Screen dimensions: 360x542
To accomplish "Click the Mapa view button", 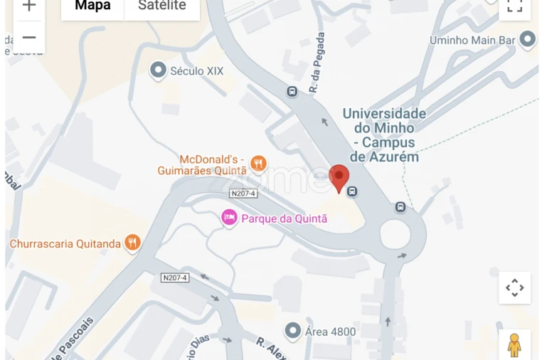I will (92, 6).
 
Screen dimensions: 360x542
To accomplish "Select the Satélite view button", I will (161, 6).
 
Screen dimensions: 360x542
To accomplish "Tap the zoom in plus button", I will (28, 6).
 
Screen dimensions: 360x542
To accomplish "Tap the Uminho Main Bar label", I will (472, 41).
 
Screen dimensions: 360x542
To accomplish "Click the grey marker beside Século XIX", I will (158, 70).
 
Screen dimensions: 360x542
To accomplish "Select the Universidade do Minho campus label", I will (385, 134).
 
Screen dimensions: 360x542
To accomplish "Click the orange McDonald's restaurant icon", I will (258, 164).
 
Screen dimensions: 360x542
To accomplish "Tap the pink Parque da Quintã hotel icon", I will (229, 218).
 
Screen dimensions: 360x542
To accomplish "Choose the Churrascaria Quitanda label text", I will (65, 244).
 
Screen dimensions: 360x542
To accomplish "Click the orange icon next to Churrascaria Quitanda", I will (132, 243).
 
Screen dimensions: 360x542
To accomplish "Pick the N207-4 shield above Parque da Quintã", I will (243, 194).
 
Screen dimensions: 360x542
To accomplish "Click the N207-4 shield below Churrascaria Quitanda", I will (175, 277).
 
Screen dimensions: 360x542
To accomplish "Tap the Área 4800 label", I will (330, 332).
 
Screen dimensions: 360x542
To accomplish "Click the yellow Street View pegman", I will (514, 345).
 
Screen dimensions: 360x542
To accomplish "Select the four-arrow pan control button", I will (514, 287).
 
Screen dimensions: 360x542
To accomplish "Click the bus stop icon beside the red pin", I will (353, 191).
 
